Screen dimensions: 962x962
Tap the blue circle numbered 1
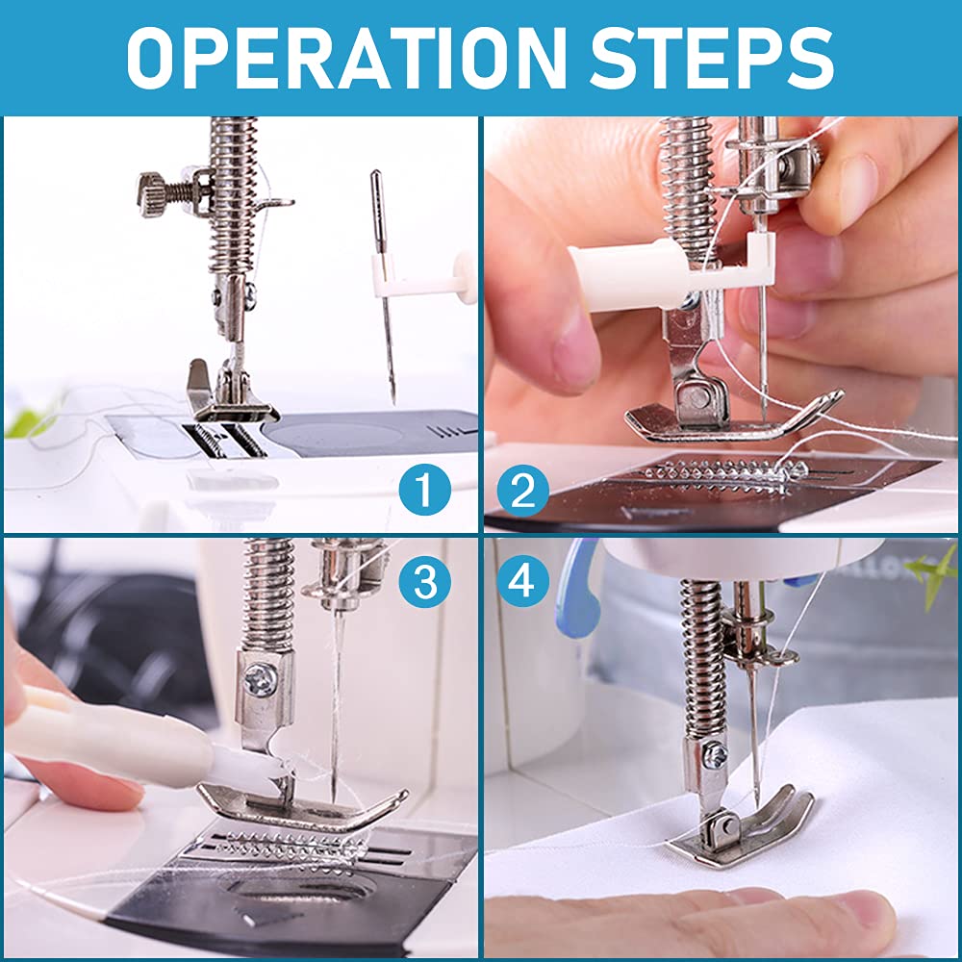click(x=424, y=490)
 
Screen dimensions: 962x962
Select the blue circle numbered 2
click(x=522, y=490)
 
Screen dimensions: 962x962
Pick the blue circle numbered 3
click(x=424, y=581)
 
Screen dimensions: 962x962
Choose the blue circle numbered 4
click(x=522, y=581)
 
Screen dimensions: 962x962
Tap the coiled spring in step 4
click(x=703, y=660)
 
